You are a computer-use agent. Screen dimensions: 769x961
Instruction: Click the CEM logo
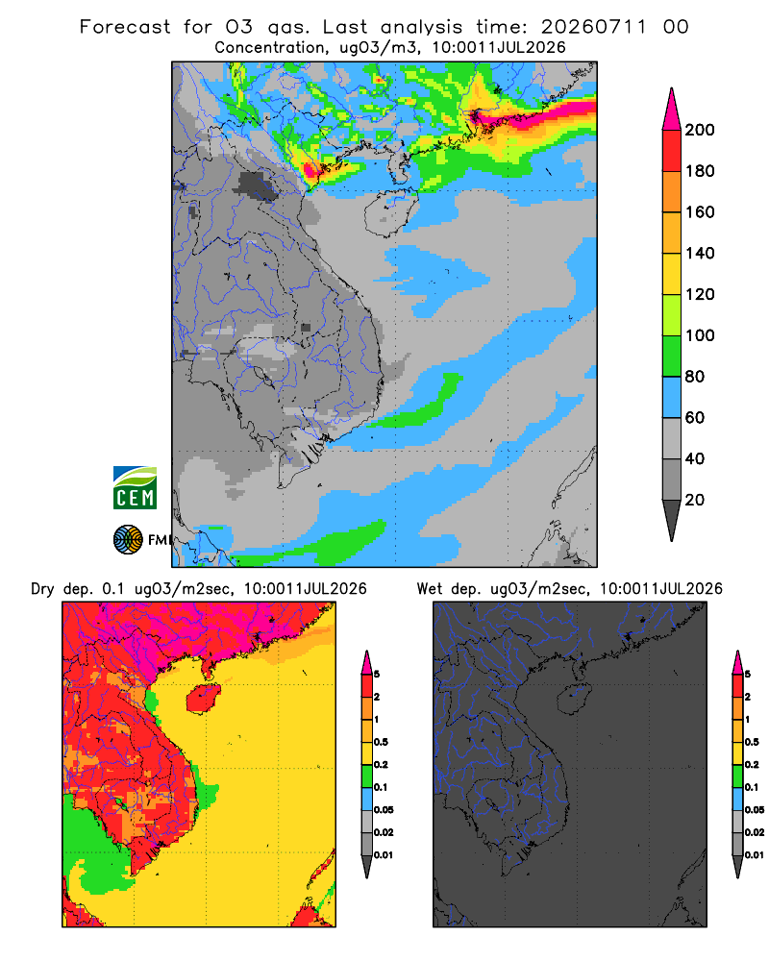click(135, 488)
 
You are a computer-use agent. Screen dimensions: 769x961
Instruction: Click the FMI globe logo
click(128, 540)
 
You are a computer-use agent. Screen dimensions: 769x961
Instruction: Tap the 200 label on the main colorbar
click(700, 130)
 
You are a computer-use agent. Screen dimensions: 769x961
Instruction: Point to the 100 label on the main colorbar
click(700, 335)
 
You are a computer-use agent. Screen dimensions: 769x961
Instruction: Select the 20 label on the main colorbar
click(695, 500)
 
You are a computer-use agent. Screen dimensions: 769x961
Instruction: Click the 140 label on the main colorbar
click(700, 253)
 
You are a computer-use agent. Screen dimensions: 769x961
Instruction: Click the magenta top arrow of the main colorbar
click(672, 110)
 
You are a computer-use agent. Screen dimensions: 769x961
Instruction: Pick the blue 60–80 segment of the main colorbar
click(672, 397)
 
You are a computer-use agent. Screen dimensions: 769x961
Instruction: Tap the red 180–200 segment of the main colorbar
click(672, 151)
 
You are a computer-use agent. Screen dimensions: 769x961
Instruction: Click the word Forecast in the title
click(125, 27)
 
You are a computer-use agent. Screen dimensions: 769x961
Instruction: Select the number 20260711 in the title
click(594, 27)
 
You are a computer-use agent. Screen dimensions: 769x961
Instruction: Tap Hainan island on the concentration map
click(390, 212)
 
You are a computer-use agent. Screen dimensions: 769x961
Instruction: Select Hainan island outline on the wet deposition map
click(573, 698)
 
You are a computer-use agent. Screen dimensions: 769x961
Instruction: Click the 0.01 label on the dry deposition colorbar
click(384, 855)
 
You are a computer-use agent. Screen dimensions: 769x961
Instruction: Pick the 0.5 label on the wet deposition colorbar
click(752, 742)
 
